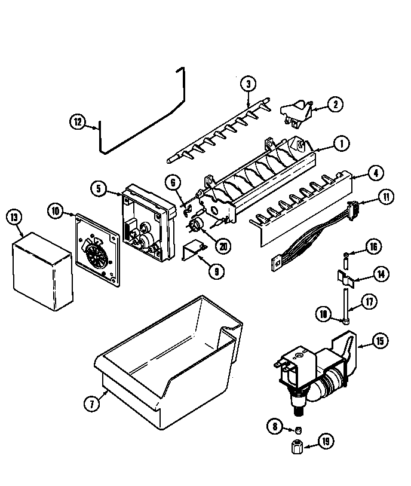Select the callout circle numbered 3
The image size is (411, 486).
249,84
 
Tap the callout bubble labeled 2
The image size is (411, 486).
335,105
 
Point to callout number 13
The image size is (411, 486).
15,217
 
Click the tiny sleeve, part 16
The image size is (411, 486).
345,257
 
